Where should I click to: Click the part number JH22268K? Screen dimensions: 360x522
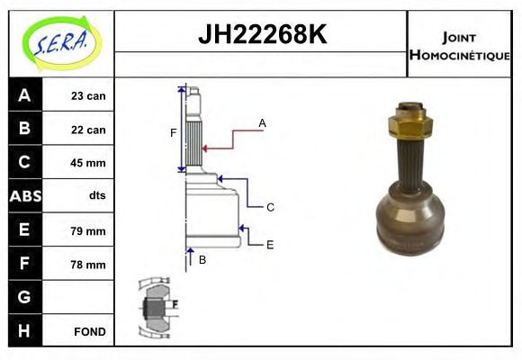coord(261,36)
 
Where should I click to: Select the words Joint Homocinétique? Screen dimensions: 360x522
coord(459,45)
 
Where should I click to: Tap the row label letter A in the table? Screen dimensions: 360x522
coord(24,95)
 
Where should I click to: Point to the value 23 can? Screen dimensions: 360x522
coord(88,95)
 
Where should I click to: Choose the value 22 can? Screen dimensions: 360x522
coord(88,130)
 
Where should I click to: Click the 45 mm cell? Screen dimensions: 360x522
coord(88,163)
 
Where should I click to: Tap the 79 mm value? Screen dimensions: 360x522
coord(88,230)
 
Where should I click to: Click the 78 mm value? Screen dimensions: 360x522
coord(88,265)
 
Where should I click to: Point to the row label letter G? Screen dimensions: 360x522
coord(24,297)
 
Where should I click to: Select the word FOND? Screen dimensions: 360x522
coord(90,331)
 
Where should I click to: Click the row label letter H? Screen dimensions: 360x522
coord(24,330)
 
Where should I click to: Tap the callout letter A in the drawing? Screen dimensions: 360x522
coord(262,122)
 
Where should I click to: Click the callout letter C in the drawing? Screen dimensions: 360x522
coord(269,207)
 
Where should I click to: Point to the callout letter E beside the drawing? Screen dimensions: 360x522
coord(269,244)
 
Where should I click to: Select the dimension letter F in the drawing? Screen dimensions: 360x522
coord(174,133)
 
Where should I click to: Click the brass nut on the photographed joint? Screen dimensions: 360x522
coord(411,122)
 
